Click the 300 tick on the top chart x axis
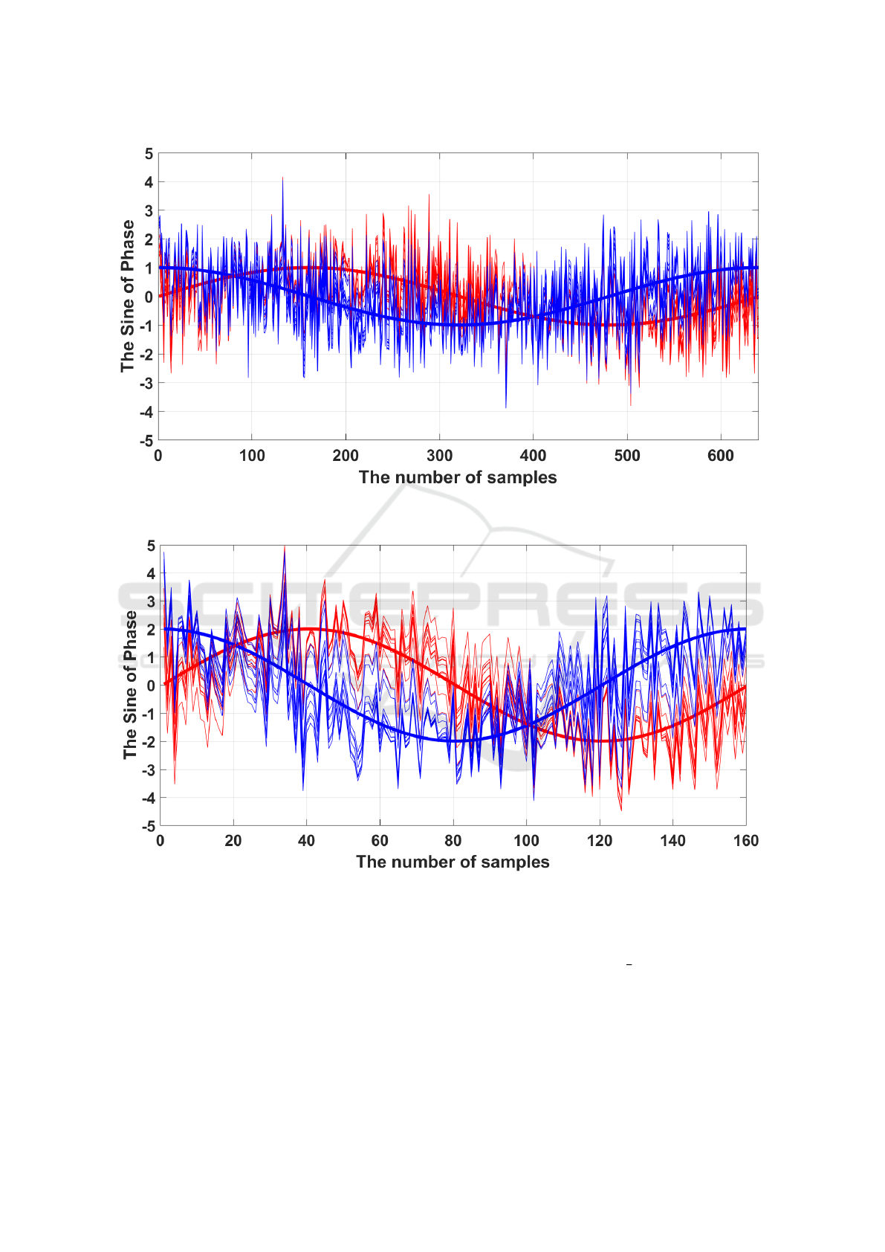439,456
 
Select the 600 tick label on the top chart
721,456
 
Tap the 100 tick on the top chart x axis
252,456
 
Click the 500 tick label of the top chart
627,456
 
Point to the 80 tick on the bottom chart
453,841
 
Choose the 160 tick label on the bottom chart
746,841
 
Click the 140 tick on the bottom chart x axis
672,841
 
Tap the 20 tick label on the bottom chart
233,841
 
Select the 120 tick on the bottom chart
600,841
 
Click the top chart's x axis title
458,477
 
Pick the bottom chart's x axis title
453,862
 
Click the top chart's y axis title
128,296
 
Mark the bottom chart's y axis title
131,685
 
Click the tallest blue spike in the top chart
282,178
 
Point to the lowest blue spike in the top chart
506,407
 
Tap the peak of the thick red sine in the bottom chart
307,629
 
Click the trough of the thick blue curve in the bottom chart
453,740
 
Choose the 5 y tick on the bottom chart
152,546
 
